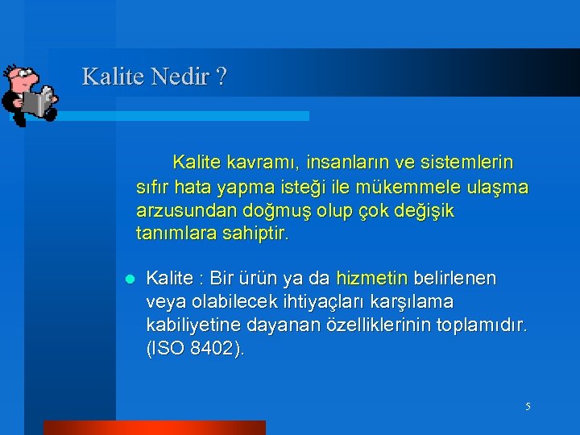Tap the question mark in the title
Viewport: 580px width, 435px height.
[221, 77]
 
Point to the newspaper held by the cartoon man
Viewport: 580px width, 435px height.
[37, 102]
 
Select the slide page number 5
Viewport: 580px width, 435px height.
[528, 407]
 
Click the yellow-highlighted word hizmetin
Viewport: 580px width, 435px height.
[371, 279]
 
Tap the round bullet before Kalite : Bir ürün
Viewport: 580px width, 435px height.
[128, 280]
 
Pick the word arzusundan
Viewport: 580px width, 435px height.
[184, 211]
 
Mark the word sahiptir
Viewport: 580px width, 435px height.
[257, 234]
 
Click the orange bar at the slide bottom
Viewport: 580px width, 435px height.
[153, 428]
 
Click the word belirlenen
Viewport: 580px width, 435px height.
[455, 279]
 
